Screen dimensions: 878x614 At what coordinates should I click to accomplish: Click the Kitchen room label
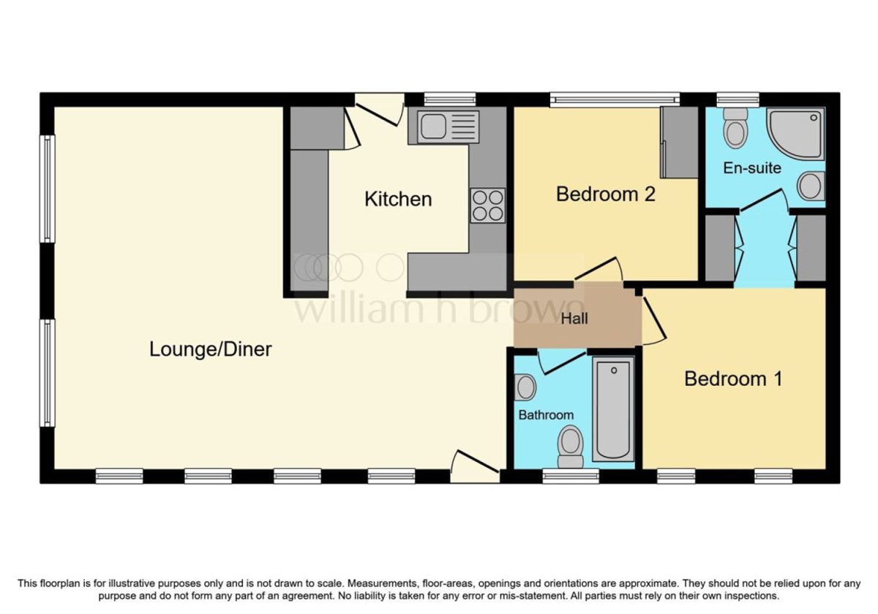tap(398, 199)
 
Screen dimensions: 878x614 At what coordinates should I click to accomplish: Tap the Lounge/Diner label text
tap(211, 349)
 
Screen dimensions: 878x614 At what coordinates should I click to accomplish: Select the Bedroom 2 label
tap(606, 194)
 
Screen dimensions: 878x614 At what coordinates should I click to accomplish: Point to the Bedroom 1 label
tap(733, 379)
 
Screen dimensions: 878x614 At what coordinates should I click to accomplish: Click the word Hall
tap(574, 319)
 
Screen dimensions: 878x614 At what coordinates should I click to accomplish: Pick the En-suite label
tap(752, 168)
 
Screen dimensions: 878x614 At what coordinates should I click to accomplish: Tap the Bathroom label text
tap(546, 414)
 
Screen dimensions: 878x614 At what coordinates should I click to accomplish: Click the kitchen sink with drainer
tap(448, 127)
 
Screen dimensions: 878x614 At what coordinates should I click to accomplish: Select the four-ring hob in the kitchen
tap(487, 205)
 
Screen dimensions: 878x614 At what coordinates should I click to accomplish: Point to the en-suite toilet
tap(735, 128)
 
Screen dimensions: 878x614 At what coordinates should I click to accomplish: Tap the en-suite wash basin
tap(811, 186)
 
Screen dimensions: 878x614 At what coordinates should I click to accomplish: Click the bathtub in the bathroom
tap(613, 409)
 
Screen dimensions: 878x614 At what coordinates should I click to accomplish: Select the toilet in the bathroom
tap(570, 447)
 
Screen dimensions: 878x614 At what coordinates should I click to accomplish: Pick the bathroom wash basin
tap(525, 387)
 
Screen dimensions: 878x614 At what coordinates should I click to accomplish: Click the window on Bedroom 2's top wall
tap(615, 100)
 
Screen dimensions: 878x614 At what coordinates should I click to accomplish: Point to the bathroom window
tap(571, 476)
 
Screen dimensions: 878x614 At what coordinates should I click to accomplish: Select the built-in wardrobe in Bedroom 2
tap(680, 143)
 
